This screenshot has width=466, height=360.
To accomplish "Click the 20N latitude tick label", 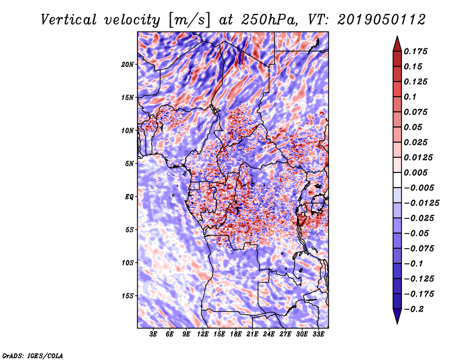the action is pos(128,65).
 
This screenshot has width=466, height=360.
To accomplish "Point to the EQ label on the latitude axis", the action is pos(129,197).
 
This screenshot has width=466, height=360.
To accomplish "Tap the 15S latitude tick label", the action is pos(128,296).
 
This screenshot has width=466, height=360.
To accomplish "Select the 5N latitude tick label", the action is pos(129,164).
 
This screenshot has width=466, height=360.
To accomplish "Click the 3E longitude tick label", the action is pos(153,334).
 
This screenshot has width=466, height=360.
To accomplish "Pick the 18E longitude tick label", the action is pos(236,334).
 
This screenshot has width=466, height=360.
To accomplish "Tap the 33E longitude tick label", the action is pos(318,334).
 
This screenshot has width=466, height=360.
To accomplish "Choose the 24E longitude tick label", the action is pos(269,334).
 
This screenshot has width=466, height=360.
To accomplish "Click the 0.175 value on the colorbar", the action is pos(415,51).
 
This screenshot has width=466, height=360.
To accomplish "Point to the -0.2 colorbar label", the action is pos(414,309).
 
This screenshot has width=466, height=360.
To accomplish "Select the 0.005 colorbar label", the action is pos(415,172).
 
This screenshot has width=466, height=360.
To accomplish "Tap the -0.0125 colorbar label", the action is pos(422,203).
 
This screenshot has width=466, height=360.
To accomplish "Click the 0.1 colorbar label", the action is pos(410,97).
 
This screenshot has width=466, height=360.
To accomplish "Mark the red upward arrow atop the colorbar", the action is pos(397,44).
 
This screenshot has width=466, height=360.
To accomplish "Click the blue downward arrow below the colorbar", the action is pos(397,316).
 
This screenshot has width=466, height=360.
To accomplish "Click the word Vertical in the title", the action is pos(69,20).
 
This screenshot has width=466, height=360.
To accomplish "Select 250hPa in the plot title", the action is pos(269,20).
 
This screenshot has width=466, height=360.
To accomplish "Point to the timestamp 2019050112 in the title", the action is pos(382,20).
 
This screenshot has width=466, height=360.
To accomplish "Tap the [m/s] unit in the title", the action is pos(189,20).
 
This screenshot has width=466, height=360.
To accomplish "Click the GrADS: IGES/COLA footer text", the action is pos(33,355).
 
